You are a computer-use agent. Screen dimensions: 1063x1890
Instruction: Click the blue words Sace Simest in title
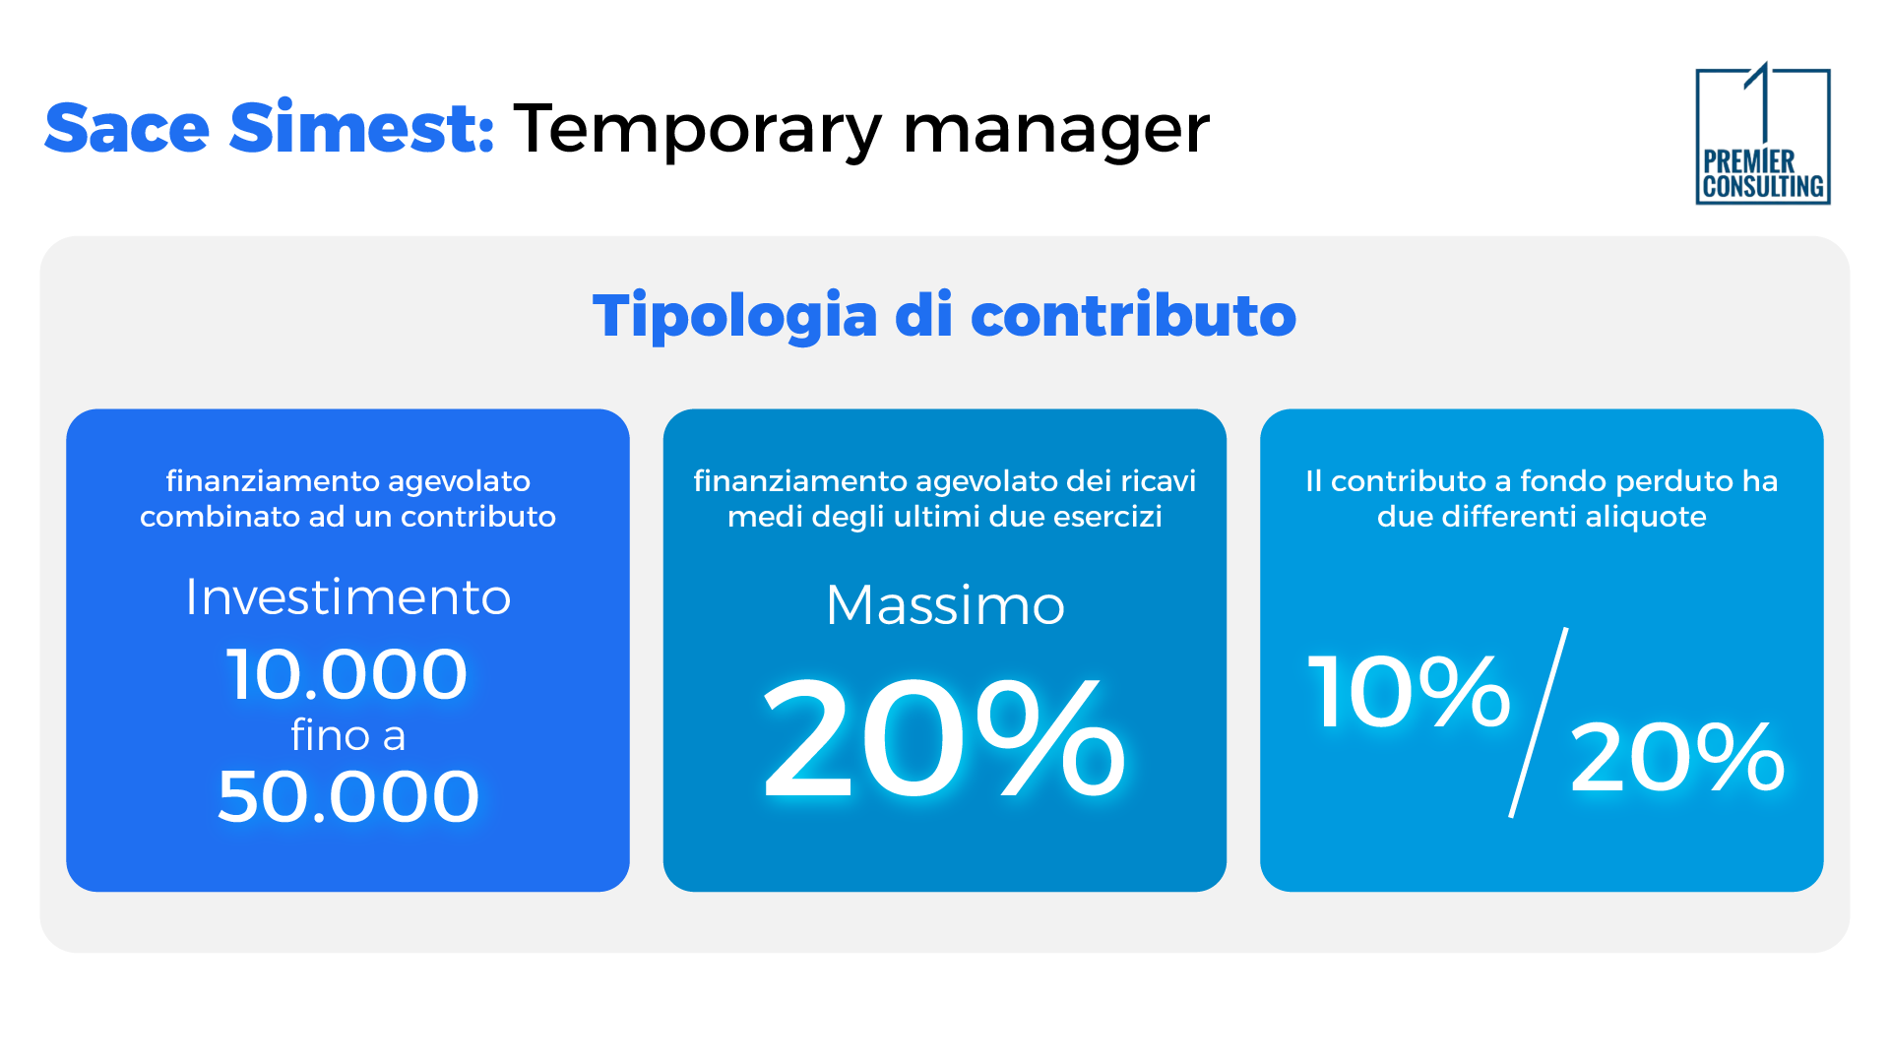click(x=269, y=129)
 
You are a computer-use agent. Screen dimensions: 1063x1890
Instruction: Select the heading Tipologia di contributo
click(x=944, y=316)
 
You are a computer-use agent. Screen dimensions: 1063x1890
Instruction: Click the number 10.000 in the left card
click(x=346, y=675)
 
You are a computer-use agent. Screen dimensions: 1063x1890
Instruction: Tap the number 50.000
click(x=348, y=796)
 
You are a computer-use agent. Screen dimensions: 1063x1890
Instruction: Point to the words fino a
click(x=348, y=735)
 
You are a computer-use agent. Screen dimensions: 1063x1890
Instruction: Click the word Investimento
click(x=348, y=597)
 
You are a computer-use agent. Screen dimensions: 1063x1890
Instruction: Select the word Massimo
click(x=945, y=605)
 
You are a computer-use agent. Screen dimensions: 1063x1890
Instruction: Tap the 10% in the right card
click(x=1408, y=692)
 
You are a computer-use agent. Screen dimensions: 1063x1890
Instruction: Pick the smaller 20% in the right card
click(x=1676, y=757)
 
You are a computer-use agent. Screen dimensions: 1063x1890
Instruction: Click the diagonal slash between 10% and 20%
click(x=1539, y=723)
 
